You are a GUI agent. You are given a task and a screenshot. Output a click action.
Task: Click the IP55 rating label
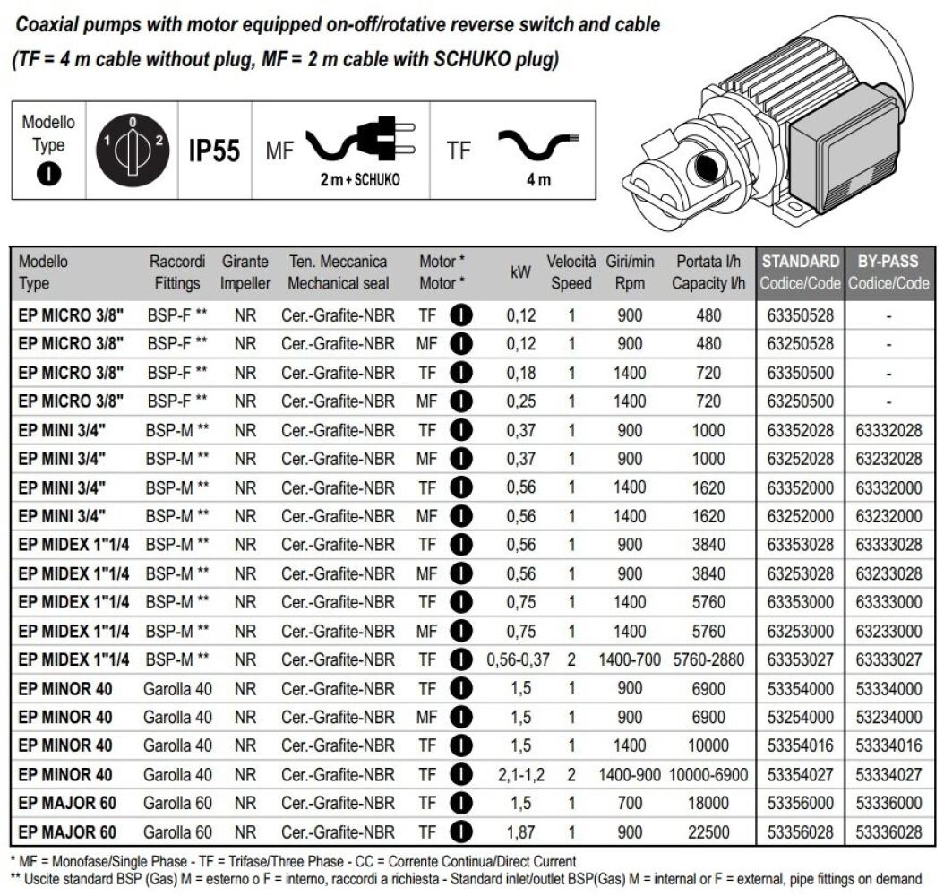[215, 150]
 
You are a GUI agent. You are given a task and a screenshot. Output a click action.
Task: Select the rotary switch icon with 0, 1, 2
[133, 148]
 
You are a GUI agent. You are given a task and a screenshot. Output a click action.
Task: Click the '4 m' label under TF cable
[538, 179]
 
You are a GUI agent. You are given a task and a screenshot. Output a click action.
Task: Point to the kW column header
[519, 272]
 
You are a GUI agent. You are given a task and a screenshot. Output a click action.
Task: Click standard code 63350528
[801, 314]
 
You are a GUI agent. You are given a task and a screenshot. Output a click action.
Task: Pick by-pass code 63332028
[888, 430]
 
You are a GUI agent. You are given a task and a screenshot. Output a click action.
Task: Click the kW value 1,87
[519, 831]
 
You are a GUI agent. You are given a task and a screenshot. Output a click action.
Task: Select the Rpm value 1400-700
[631, 659]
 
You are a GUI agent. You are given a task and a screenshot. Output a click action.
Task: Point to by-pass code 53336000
[888, 803]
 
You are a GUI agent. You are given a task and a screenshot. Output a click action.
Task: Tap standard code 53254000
[801, 717]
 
